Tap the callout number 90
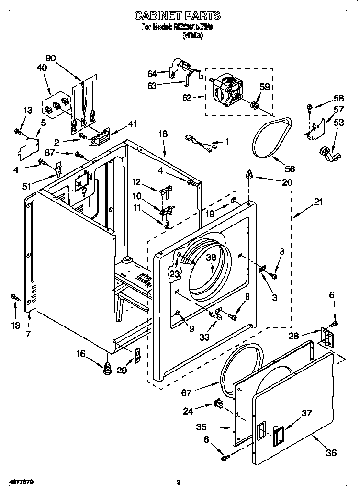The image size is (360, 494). coord(51,58)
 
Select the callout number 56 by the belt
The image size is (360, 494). coord(290,169)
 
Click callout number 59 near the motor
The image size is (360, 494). coord(265,87)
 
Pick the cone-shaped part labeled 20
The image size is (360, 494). coord(249,175)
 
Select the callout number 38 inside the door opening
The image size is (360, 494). coord(212,257)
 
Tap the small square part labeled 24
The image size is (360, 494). coord(218,403)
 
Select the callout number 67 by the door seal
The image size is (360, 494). coord(186,393)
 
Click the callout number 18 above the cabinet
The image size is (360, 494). coord(163,134)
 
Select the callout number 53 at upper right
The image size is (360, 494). coord(338,123)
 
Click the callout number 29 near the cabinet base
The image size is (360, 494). coord(122,370)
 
